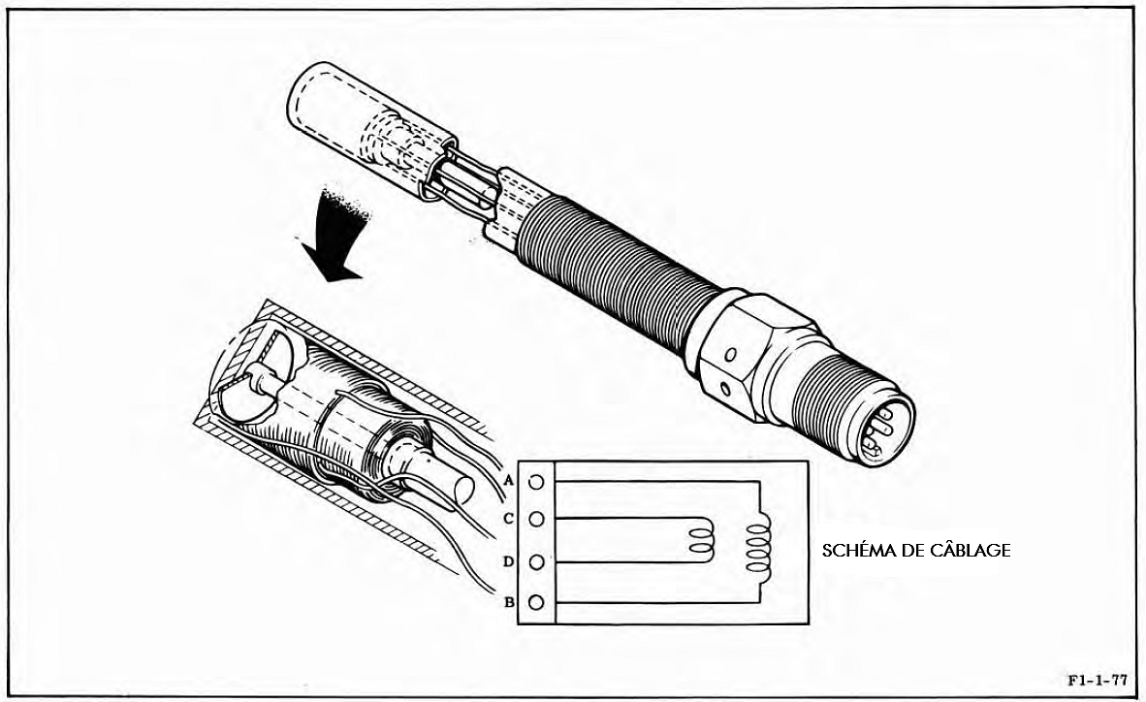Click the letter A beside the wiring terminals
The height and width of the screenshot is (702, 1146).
(x=510, y=480)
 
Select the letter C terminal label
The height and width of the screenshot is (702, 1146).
(x=509, y=519)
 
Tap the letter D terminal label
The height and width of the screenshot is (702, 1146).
(x=509, y=561)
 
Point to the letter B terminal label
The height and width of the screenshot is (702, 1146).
(x=509, y=602)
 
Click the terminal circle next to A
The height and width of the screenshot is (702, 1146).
(x=536, y=482)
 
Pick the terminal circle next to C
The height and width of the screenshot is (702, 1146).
(x=536, y=519)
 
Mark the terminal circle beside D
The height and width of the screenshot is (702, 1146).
(x=536, y=561)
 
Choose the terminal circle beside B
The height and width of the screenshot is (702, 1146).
(x=536, y=602)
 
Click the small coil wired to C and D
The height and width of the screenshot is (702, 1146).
(x=700, y=540)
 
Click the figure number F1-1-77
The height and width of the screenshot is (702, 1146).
(x=1097, y=680)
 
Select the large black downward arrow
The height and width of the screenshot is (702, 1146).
(x=334, y=233)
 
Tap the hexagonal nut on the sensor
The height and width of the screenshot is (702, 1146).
(x=748, y=356)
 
